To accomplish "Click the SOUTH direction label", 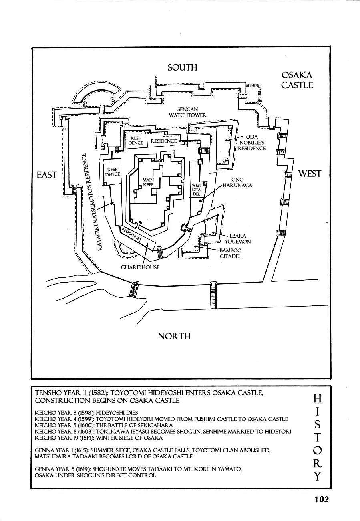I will [x=183, y=67].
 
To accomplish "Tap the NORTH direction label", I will [x=174, y=336].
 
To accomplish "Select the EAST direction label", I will [x=46, y=175].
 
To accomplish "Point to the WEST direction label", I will [x=310, y=174].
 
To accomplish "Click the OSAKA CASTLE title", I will [x=296, y=80].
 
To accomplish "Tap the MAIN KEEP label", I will [x=148, y=182].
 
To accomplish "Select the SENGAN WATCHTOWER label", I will [x=187, y=112].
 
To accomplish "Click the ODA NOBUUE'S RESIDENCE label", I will [x=252, y=143].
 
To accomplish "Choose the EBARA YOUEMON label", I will [x=240, y=238].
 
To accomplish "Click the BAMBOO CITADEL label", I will [x=231, y=253].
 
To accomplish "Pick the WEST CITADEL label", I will [x=197, y=190].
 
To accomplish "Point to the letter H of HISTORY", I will [x=317, y=398].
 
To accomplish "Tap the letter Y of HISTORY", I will [x=317, y=477].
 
